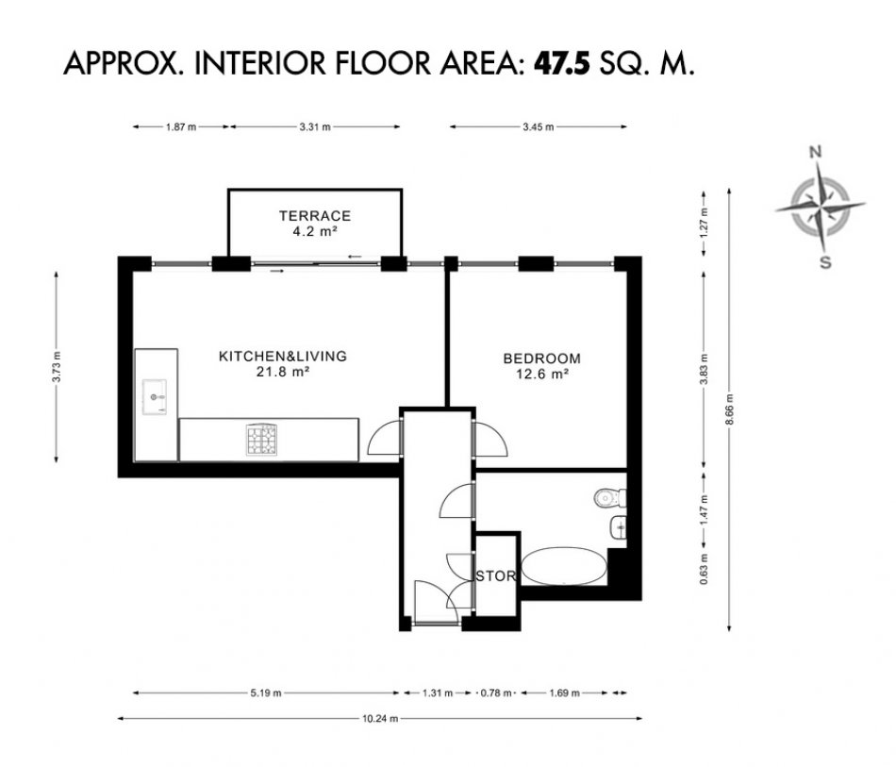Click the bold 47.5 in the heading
(x=561, y=63)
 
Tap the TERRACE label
(x=315, y=216)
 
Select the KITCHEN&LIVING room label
(x=283, y=356)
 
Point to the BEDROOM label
(x=541, y=358)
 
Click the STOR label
(x=496, y=576)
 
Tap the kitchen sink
(x=155, y=396)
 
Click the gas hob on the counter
(x=261, y=440)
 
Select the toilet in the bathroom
(x=609, y=498)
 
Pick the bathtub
(x=564, y=566)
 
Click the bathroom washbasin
(x=618, y=527)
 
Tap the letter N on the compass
(x=816, y=152)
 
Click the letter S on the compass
(x=825, y=262)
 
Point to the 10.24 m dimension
(x=380, y=719)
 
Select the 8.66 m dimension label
(x=729, y=409)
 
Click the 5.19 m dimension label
(x=266, y=693)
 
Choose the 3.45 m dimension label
(x=539, y=126)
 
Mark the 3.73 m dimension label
(x=56, y=367)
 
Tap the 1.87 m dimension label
(x=181, y=126)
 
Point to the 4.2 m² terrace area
(x=315, y=231)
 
